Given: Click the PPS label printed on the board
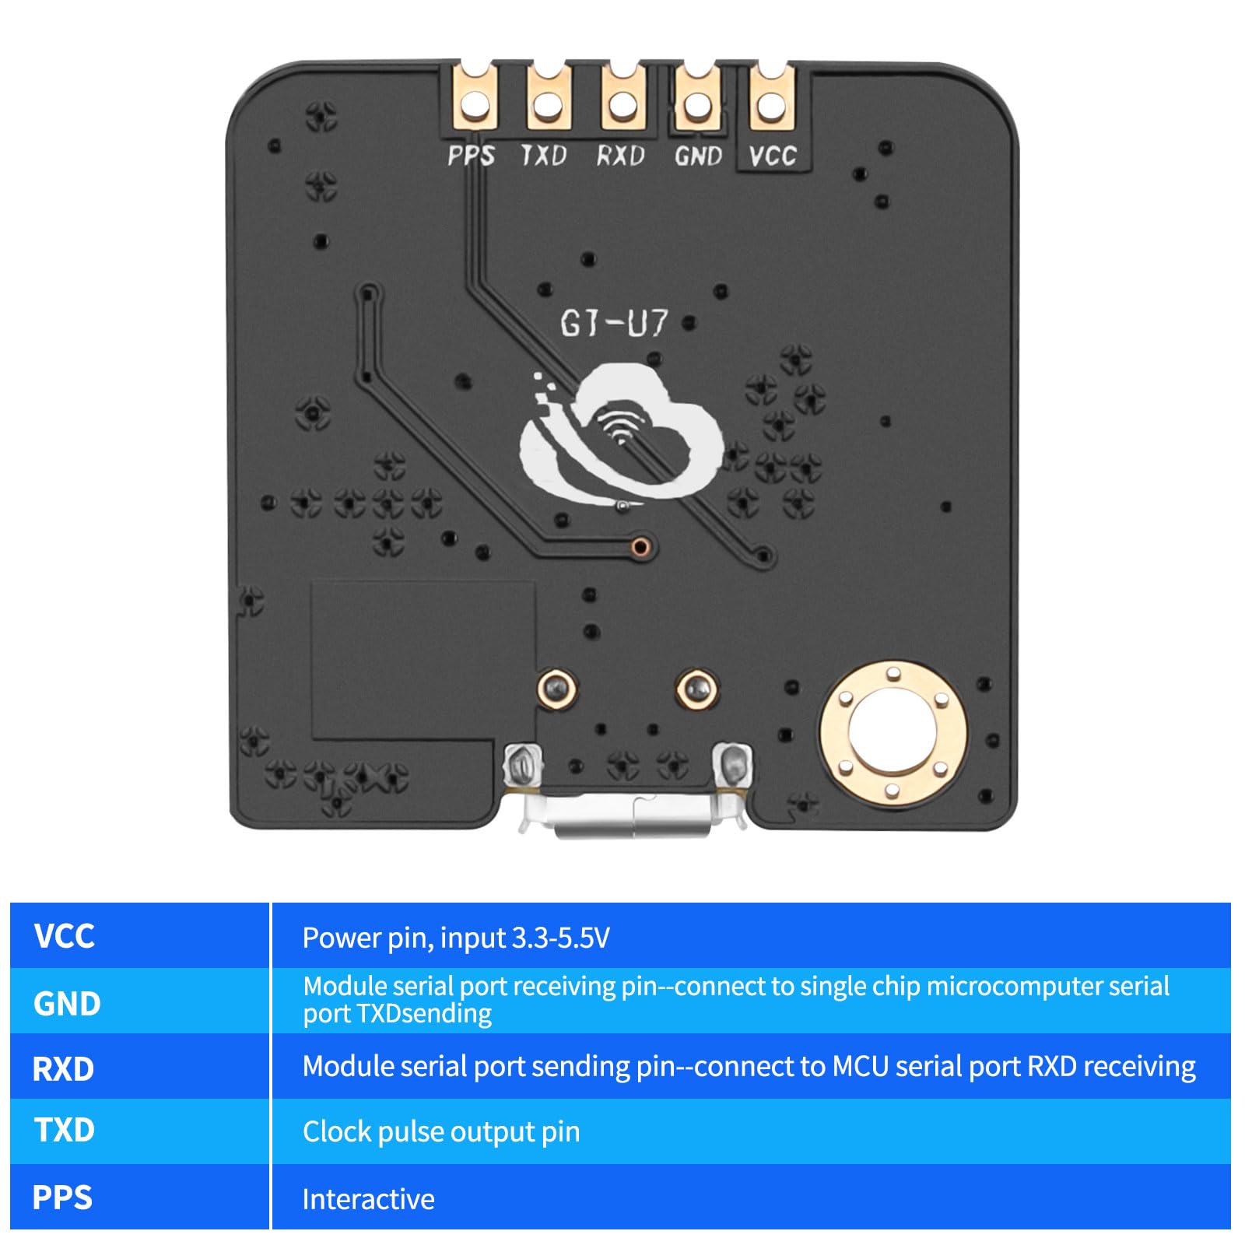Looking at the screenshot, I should [x=471, y=156].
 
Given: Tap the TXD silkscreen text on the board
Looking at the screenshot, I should [x=544, y=156].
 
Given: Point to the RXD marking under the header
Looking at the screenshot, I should [x=620, y=156].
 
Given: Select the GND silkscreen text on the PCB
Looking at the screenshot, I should [x=698, y=156].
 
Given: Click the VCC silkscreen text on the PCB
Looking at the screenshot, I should [x=772, y=156].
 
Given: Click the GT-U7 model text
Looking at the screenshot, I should [x=614, y=323].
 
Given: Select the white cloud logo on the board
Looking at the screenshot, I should [x=622, y=436].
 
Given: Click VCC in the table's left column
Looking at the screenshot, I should [x=64, y=936].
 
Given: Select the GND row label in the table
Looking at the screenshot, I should [x=67, y=1003].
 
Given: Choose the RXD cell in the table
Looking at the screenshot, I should [x=63, y=1068].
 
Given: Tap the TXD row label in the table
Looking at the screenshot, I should [x=64, y=1130].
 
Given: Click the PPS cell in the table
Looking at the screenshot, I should [x=62, y=1197].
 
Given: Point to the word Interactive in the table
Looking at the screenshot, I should [x=368, y=1199].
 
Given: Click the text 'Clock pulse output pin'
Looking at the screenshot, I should [x=441, y=1131].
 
